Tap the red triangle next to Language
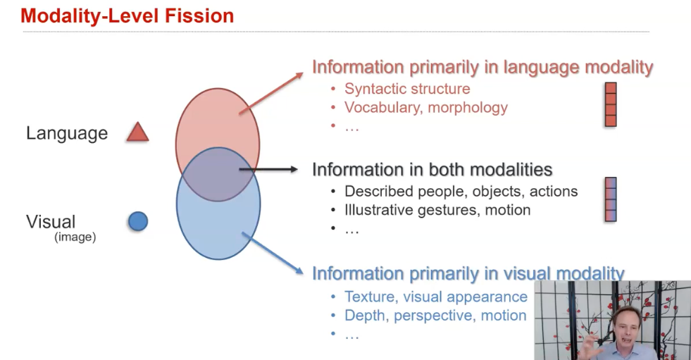(137, 132)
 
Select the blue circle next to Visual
(138, 222)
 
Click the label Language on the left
(67, 133)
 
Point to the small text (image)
(75, 237)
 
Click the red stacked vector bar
(611, 104)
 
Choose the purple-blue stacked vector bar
(611, 199)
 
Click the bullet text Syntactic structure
(407, 89)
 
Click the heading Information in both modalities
(432, 169)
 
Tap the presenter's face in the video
(625, 325)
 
